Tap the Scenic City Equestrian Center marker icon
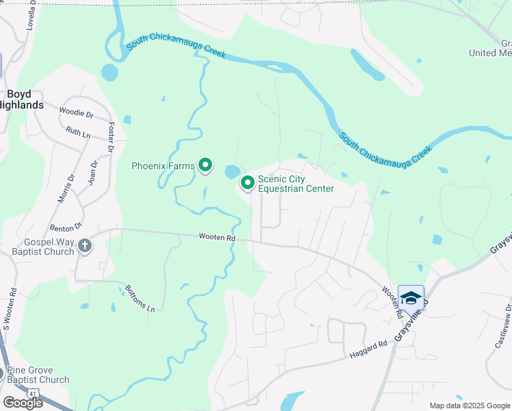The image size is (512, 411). (247, 183)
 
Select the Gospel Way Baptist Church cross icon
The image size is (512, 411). (84, 246)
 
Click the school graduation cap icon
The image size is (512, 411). (411, 298)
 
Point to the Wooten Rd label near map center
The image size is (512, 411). (217, 237)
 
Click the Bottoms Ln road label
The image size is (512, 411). (141, 300)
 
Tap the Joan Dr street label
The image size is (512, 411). (94, 173)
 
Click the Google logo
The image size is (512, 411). (22, 403)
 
